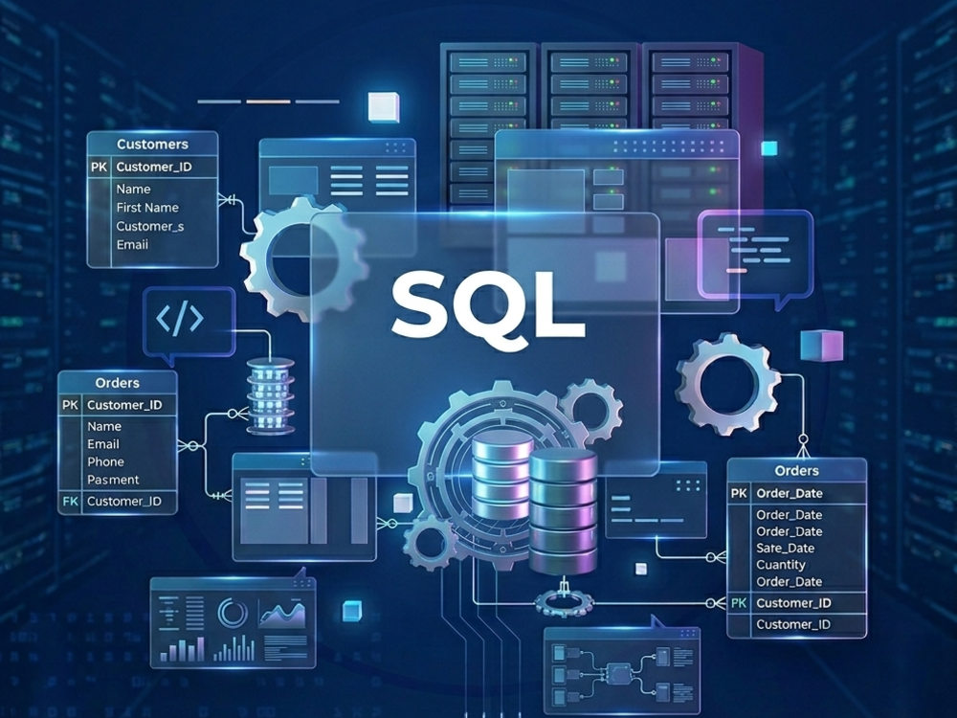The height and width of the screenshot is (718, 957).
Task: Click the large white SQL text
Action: click(x=487, y=306)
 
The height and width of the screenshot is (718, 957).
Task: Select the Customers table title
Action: click(x=152, y=145)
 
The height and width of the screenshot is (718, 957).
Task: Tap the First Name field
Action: click(x=147, y=208)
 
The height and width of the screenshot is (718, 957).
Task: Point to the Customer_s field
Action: click(x=150, y=226)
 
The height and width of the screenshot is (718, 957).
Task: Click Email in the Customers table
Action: click(x=132, y=244)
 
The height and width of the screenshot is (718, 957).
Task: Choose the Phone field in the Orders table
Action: click(x=105, y=461)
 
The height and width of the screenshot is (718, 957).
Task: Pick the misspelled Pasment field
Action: click(x=113, y=480)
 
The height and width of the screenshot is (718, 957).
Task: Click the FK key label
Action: click(x=70, y=502)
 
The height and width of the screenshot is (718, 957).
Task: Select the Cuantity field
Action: click(x=781, y=565)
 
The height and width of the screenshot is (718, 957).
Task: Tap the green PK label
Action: click(x=739, y=603)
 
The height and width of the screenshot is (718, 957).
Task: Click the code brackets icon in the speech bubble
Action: click(x=180, y=318)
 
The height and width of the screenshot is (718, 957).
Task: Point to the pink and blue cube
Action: click(x=822, y=346)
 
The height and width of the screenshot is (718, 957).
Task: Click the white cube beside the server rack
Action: click(x=384, y=106)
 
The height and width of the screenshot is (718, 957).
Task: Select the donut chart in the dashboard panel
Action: click(x=233, y=613)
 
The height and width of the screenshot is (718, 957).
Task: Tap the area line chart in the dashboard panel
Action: click(x=282, y=614)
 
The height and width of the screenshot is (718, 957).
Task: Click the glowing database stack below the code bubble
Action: click(x=271, y=395)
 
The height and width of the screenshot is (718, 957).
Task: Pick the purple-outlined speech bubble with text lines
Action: click(x=756, y=257)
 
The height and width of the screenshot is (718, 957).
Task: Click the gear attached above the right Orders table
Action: click(x=728, y=384)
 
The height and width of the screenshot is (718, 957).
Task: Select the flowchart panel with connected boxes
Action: click(x=622, y=671)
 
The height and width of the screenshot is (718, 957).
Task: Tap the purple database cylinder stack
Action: click(x=563, y=511)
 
